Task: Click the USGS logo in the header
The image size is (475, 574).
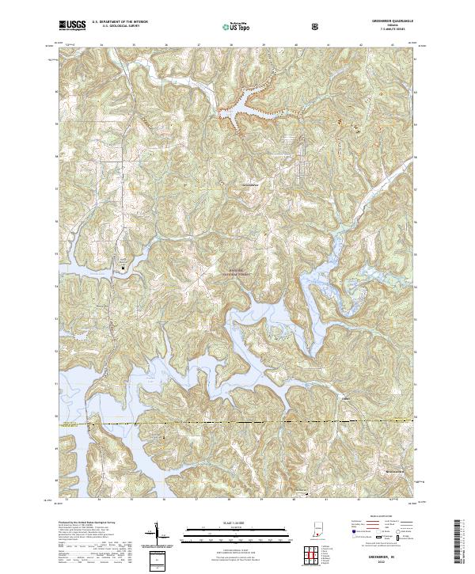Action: pyautogui.click(x=73, y=25)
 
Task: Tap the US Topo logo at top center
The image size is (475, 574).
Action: pyautogui.click(x=236, y=26)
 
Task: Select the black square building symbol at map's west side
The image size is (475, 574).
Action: pyautogui.click(x=123, y=268)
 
